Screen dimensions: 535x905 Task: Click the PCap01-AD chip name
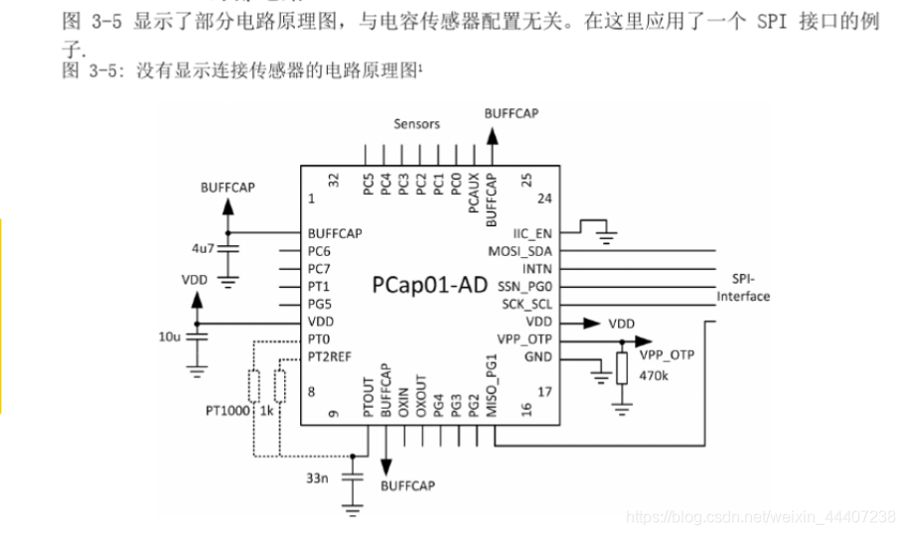point(429,286)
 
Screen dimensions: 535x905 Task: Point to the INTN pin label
point(536,269)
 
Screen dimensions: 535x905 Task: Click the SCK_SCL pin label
point(527,305)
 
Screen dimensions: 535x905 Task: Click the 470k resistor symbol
point(623,369)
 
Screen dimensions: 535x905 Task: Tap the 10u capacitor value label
point(169,337)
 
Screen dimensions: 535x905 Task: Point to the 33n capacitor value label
point(317,478)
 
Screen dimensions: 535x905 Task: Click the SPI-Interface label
point(743,288)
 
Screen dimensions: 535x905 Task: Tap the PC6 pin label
point(319,251)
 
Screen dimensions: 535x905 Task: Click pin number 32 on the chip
point(334,180)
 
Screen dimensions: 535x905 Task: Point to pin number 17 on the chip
point(544,392)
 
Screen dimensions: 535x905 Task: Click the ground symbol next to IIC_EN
point(605,234)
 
